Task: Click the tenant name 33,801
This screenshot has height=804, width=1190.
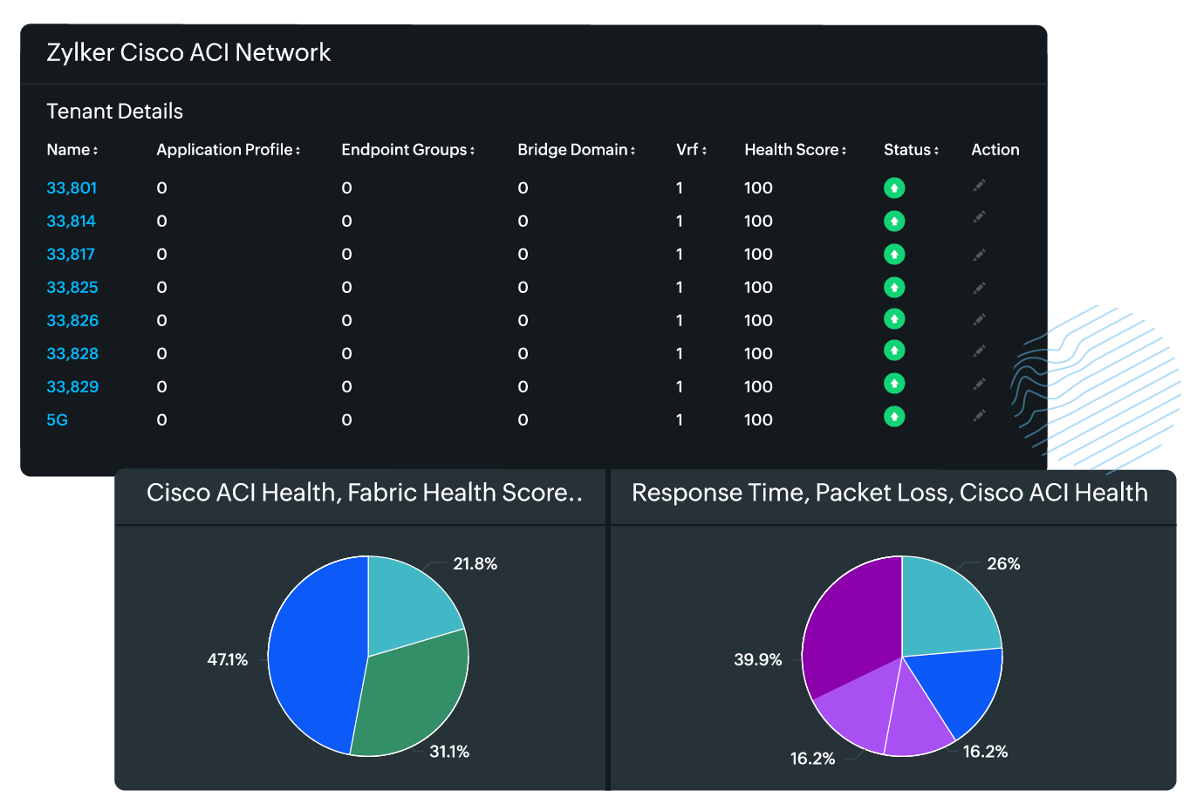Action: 72,187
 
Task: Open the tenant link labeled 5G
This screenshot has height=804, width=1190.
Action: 57,419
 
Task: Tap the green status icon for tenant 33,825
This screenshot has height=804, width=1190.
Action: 894,287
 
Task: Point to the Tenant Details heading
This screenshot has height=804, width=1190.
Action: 114,112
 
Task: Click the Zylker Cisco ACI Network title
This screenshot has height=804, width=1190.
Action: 188,52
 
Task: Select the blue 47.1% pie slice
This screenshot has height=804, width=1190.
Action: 310,654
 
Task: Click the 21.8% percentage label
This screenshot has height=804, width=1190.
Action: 475,564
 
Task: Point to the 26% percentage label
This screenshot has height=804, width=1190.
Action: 1002,564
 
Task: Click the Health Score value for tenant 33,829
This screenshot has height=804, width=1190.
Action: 758,386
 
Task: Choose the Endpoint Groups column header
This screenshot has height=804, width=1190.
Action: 407,150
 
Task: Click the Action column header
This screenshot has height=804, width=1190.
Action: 995,150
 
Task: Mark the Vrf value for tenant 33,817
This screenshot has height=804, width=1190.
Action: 680,254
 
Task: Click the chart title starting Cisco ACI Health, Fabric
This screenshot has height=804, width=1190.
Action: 364,493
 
